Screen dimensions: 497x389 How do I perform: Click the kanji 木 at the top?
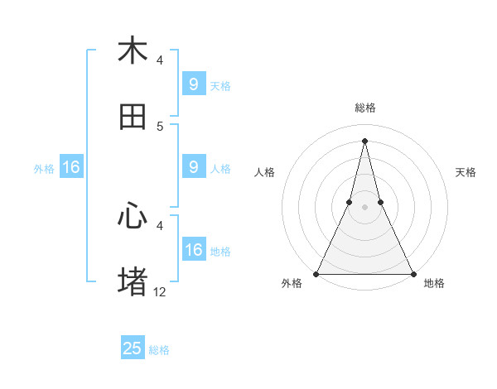[133, 50]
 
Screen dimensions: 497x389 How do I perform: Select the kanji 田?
[133, 117]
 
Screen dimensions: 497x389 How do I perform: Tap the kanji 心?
[133, 216]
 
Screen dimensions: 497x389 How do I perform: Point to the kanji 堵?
[133, 281]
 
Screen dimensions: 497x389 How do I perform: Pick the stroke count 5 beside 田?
[160, 126]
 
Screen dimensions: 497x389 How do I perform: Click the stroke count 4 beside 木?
[160, 60]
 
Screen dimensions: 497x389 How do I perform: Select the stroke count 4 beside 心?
[160, 224]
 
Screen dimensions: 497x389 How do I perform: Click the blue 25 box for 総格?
[133, 348]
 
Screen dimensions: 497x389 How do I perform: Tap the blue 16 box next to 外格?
[71, 167]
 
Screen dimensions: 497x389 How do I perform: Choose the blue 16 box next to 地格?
[194, 250]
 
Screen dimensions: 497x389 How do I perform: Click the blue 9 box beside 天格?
[194, 84]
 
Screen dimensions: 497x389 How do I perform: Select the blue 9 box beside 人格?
[194, 167]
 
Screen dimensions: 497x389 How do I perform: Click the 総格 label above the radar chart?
[364, 108]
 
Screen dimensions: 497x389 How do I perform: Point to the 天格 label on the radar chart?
[466, 172]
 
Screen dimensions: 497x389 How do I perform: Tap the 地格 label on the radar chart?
[434, 283]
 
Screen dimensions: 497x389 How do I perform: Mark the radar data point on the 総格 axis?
[364, 140]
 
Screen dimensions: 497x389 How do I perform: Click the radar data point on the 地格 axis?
[413, 273]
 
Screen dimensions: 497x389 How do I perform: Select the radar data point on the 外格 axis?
[316, 273]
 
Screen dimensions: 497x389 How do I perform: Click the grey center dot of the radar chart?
[364, 207]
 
